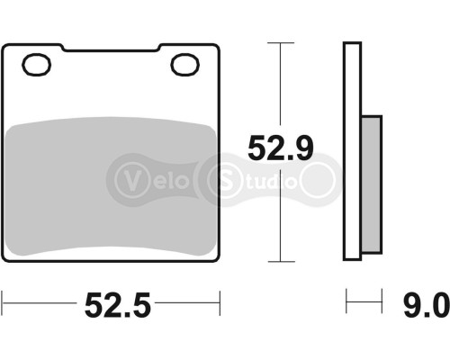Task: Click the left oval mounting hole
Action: pos(38,65)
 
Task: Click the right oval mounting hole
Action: pos(185,65)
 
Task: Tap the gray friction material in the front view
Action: pos(112,189)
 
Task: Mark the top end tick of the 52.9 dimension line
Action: pos(282,41)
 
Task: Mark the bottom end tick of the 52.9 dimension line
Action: pos(282,262)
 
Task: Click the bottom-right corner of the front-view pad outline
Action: pos(218,260)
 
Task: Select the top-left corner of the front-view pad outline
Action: pos(6,45)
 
